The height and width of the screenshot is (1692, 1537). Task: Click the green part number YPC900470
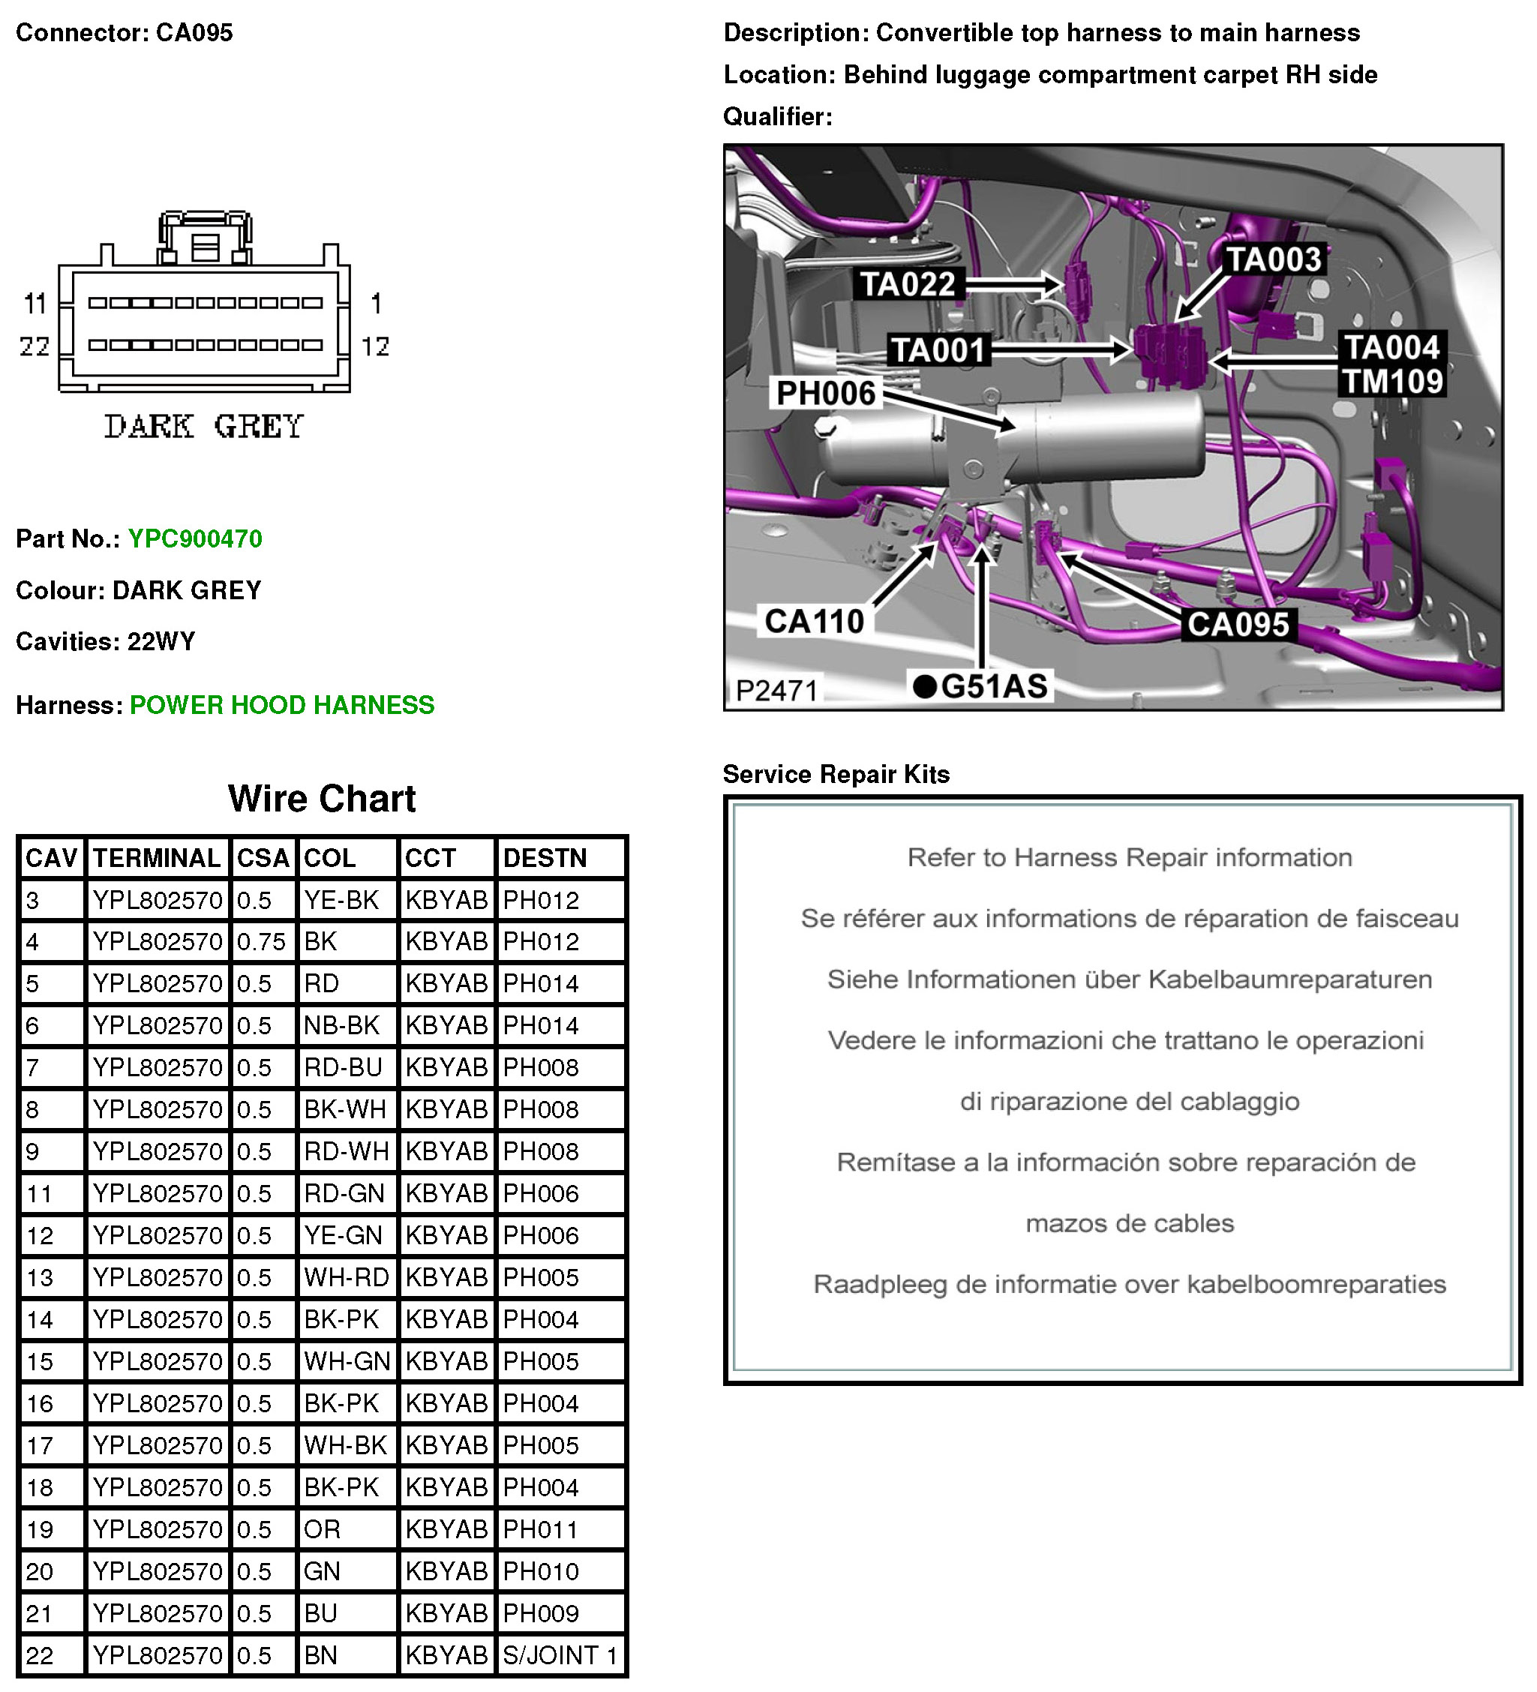pos(195,538)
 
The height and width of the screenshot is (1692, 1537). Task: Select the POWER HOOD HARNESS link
pos(282,705)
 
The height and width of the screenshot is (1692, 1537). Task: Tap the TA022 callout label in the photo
pos(908,284)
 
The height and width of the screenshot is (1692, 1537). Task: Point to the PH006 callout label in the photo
pos(825,393)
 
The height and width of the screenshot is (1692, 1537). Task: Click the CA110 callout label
pos(813,621)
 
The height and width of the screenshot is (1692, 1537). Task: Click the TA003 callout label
pos(1274,259)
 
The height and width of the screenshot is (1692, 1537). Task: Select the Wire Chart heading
pos(322,798)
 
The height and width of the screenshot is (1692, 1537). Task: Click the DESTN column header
pos(545,858)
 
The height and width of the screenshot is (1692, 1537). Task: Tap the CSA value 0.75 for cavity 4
pos(261,942)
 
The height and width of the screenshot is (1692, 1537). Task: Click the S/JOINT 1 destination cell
pos(560,1655)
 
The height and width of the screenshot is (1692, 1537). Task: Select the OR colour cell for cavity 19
pos(323,1529)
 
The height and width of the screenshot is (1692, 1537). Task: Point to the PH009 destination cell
pos(542,1613)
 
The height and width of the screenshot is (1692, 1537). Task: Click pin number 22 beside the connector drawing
pos(35,346)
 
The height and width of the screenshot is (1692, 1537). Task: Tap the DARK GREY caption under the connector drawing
pos(204,426)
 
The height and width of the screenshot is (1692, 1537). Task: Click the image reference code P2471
pos(776,690)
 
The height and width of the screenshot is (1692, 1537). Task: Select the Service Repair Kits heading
pos(836,774)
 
